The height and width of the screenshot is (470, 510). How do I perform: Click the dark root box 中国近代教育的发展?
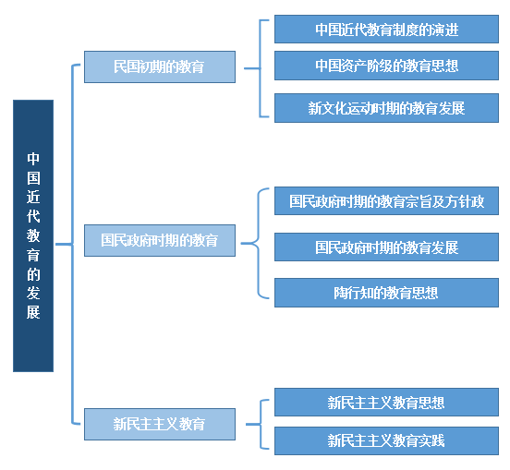click(x=33, y=235)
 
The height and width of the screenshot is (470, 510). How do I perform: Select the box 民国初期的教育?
click(x=160, y=66)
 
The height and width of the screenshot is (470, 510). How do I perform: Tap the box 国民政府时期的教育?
click(x=160, y=240)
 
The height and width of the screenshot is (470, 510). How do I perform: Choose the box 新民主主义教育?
click(x=160, y=424)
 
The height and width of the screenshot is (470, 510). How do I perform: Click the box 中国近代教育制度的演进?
click(x=386, y=29)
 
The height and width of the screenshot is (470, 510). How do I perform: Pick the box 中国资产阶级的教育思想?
click(x=386, y=66)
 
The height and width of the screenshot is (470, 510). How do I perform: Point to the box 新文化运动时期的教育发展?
click(x=386, y=108)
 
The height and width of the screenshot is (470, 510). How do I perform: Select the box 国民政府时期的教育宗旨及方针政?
click(x=386, y=201)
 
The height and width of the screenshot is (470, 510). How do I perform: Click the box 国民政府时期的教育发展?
click(x=386, y=247)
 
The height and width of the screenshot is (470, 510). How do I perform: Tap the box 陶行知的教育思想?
click(x=386, y=293)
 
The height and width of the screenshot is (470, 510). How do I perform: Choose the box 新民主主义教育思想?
click(x=386, y=402)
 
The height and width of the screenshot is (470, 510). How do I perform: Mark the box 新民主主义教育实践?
click(x=386, y=440)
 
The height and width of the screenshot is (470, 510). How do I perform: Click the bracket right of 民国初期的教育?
click(x=260, y=68)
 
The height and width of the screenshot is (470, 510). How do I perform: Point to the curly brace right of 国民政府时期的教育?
click(x=259, y=243)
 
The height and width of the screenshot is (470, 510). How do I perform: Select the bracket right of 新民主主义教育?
click(x=261, y=424)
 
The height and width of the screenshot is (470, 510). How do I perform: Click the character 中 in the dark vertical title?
click(x=33, y=159)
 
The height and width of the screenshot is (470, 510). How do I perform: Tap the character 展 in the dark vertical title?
click(x=33, y=312)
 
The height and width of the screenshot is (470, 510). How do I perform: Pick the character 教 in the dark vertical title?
click(x=33, y=235)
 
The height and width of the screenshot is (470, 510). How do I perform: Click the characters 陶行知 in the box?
click(x=353, y=293)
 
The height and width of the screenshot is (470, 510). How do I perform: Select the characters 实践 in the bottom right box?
click(x=431, y=441)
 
